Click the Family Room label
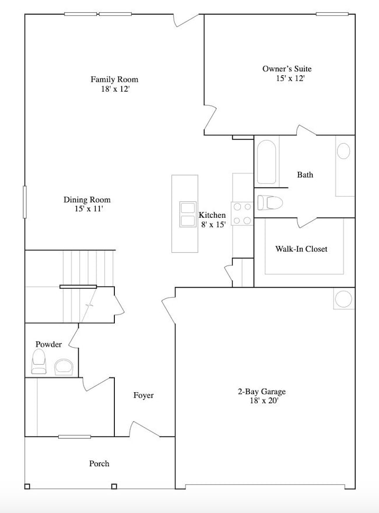click(x=114, y=79)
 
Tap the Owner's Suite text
click(x=283, y=68)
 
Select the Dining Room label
click(x=87, y=200)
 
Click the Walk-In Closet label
click(x=301, y=249)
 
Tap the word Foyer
click(x=143, y=395)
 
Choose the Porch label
click(x=99, y=463)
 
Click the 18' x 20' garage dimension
click(x=265, y=401)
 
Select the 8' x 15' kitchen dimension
click(x=212, y=225)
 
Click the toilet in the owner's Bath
click(x=271, y=203)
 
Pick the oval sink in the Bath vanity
click(x=344, y=151)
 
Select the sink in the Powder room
click(x=64, y=367)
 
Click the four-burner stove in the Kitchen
click(x=243, y=213)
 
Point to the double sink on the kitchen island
click(x=188, y=214)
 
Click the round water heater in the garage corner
click(x=343, y=299)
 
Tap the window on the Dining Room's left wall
click(x=25, y=202)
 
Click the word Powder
click(x=49, y=344)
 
